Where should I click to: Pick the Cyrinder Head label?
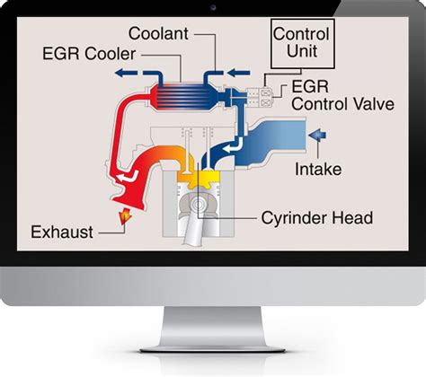pyautogui.click(x=315, y=217)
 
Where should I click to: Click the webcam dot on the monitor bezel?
pyautogui.click(x=213, y=7)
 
